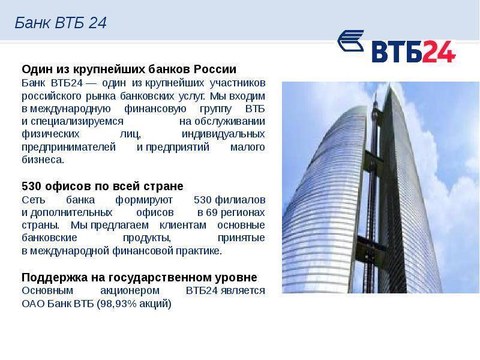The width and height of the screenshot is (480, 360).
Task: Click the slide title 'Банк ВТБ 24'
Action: [x=61, y=23]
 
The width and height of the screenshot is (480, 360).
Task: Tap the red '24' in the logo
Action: [x=439, y=52]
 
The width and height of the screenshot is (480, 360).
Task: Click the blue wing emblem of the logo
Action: [x=351, y=41]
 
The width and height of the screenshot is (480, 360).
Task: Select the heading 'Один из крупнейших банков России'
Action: [x=129, y=70]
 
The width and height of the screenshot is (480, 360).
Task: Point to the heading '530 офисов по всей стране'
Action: [x=103, y=186]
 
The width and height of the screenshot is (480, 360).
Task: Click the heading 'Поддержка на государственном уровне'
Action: [x=139, y=278]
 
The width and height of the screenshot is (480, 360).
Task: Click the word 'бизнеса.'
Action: [x=43, y=160]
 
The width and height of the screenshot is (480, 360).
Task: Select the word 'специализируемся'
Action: [x=77, y=122]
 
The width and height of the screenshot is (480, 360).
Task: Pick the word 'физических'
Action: [x=50, y=134]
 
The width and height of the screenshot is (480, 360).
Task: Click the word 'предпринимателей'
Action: [x=68, y=147]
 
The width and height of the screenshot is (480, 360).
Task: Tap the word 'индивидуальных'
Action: [x=223, y=134]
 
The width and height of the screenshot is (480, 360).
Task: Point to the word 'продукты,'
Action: [x=147, y=238]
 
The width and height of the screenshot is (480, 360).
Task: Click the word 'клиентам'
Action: [x=183, y=225]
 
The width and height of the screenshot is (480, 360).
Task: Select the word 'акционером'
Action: [x=130, y=290]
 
